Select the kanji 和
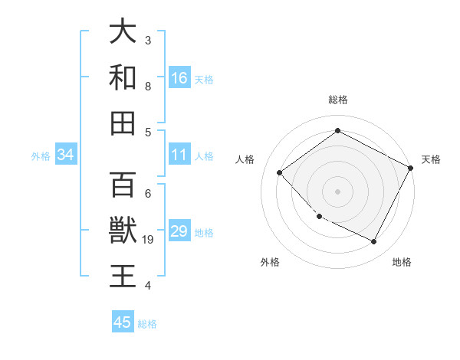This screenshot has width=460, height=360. pyautogui.click(x=123, y=77)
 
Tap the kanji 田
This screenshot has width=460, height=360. pyautogui.click(x=123, y=123)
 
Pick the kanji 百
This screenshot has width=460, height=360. pyautogui.click(x=123, y=185)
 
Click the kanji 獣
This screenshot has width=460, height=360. pyautogui.click(x=123, y=231)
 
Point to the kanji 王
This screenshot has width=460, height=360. pyautogui.click(x=123, y=276)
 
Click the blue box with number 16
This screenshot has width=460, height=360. pyautogui.click(x=179, y=77)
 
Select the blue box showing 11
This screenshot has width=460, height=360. pyautogui.click(x=179, y=155)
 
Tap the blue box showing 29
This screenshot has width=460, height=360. pyautogui.click(x=179, y=231)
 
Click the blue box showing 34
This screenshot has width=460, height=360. pyautogui.click(x=66, y=155)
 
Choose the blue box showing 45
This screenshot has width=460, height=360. pyautogui.click(x=123, y=322)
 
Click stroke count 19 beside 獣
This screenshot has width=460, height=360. pyautogui.click(x=149, y=240)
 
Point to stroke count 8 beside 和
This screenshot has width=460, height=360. pyautogui.click(x=148, y=87)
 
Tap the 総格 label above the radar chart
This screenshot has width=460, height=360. pyautogui.click(x=338, y=100)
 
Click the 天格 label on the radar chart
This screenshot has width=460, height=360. pyautogui.click(x=431, y=159)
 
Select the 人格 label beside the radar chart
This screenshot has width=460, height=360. pyautogui.click(x=245, y=159)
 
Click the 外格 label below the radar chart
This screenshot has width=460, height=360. pyautogui.click(x=270, y=262)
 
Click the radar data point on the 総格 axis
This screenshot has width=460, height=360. pyautogui.click(x=337, y=130)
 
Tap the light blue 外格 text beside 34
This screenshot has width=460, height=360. pyautogui.click(x=41, y=155)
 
